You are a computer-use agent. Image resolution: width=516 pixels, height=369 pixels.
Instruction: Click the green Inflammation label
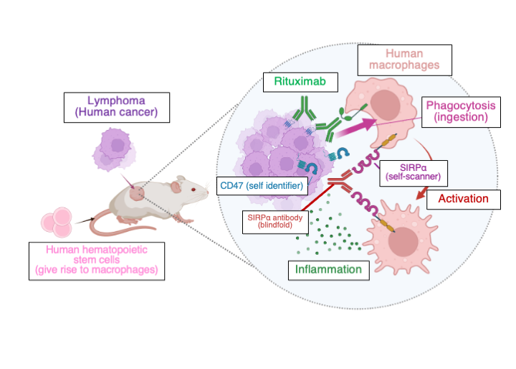point(329,270)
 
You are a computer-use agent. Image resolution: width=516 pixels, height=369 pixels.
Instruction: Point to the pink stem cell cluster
point(56,223)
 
